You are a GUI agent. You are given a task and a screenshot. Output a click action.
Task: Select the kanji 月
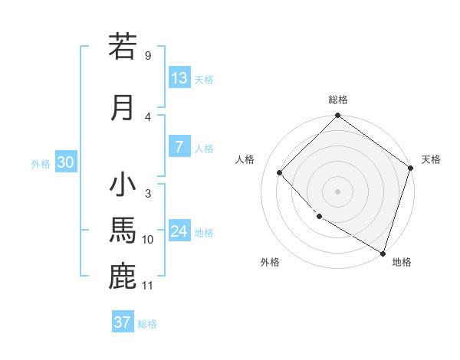point(123,107)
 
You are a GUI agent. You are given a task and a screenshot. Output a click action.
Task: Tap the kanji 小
point(123,185)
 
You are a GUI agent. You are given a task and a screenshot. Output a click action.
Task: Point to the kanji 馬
point(123,231)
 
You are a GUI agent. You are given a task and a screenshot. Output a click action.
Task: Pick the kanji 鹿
point(123,276)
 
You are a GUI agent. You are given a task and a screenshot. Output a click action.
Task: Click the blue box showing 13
point(179,78)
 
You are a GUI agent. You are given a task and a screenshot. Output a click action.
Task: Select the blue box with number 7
point(179,147)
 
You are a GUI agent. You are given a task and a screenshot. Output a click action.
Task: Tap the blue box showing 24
point(179,231)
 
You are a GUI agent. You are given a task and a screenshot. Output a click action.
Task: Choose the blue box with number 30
point(65,162)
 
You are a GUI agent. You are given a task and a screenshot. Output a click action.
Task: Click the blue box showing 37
point(123,322)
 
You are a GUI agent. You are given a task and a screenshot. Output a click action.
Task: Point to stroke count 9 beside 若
point(147,56)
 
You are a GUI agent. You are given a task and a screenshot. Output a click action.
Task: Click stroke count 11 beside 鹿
point(147,286)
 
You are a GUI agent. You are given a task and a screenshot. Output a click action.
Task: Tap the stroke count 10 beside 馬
point(147,240)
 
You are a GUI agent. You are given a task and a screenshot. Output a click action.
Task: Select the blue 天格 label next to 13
point(204,80)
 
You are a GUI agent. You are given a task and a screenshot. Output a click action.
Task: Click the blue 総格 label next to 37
point(147,324)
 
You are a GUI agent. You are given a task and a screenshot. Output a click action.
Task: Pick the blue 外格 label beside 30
point(41,164)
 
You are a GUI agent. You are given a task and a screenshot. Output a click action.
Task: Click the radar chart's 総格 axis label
point(338,100)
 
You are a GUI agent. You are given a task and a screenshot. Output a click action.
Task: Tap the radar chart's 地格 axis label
point(402,262)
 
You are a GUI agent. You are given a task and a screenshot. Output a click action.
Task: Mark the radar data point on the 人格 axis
point(280,172)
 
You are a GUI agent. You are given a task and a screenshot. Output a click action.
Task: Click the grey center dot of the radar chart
point(338,191)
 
